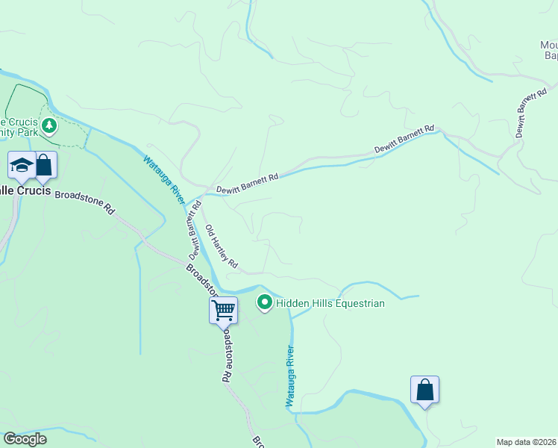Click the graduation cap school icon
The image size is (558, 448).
click(x=22, y=165)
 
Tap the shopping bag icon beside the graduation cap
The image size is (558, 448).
click(x=45, y=165)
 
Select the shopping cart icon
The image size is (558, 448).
click(x=224, y=309)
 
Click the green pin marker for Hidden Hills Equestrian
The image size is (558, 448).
click(x=264, y=303)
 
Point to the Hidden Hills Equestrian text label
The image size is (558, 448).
click(x=330, y=303)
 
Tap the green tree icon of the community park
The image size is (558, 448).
click(x=49, y=125)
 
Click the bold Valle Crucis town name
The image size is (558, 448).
click(x=25, y=190)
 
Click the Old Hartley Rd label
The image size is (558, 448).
click(x=222, y=246)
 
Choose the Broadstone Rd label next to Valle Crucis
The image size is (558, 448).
click(x=84, y=202)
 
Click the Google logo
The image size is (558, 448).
click(x=25, y=439)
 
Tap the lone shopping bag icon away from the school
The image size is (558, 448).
click(x=424, y=390)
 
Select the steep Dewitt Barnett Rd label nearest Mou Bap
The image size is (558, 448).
click(x=532, y=114)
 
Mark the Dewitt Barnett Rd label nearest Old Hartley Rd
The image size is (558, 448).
click(x=247, y=184)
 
